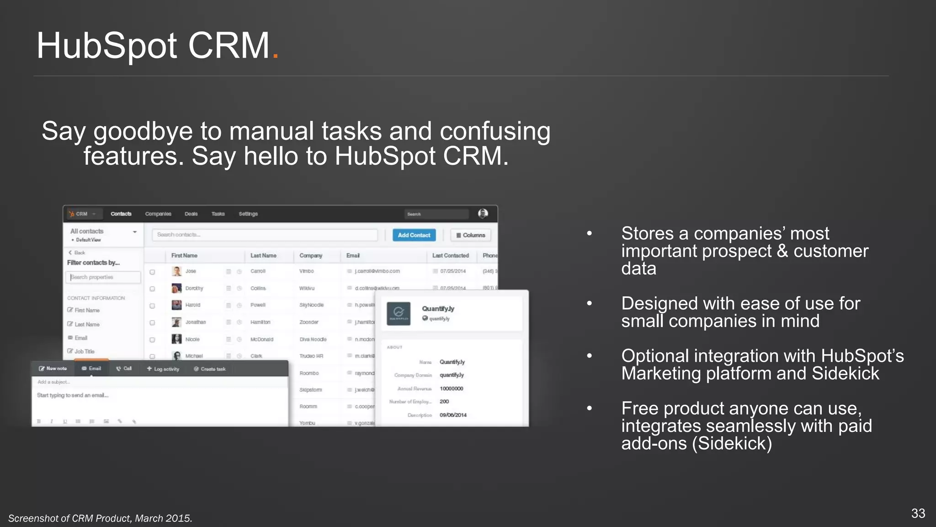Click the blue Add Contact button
[x=414, y=235]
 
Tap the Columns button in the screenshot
[x=470, y=235]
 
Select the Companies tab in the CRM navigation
[x=158, y=214]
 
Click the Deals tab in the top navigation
[x=191, y=214]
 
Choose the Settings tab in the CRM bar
[x=248, y=214]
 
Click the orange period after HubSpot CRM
[x=275, y=56]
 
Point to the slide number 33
[x=918, y=513]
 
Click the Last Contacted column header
[x=450, y=256]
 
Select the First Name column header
[x=184, y=256]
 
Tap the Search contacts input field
[x=265, y=235]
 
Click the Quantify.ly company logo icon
[x=399, y=313]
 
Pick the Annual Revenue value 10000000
[x=451, y=389]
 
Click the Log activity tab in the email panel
[x=163, y=369]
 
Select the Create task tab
[x=210, y=369]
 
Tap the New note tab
[x=53, y=369]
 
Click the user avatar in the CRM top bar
[x=483, y=214]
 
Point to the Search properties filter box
[x=103, y=277]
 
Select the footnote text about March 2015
[x=100, y=518]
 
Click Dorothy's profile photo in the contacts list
[x=176, y=288]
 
